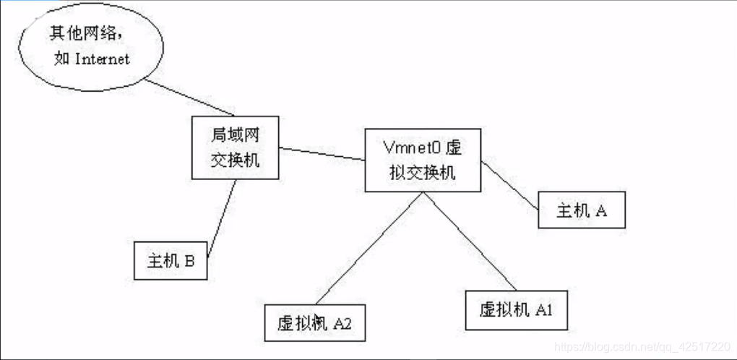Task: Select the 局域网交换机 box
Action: click(x=236, y=148)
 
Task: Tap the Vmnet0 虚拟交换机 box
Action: click(x=423, y=160)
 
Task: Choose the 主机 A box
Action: click(x=581, y=211)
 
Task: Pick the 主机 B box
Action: click(x=171, y=261)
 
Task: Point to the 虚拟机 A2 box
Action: click(x=315, y=322)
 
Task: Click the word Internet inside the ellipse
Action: click(x=103, y=59)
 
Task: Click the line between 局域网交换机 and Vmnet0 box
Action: click(x=322, y=154)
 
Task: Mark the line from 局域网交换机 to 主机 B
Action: click(x=223, y=217)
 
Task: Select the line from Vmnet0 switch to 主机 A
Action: click(x=510, y=184)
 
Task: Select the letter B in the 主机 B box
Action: click(x=189, y=262)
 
